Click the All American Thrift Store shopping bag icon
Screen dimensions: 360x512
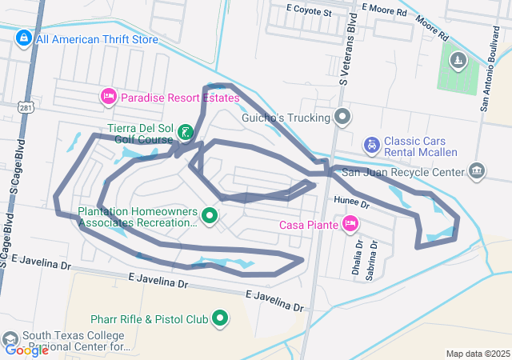(24, 38)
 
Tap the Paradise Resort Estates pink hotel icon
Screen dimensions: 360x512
(108, 97)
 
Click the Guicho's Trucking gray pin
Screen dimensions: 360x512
(342, 118)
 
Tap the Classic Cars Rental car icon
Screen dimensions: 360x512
(371, 145)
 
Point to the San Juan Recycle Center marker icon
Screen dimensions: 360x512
(477, 171)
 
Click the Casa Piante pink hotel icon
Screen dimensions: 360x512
(350, 224)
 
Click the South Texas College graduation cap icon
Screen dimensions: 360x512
(10, 340)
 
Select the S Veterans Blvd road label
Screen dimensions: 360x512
(350, 48)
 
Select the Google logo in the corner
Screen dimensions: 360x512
(26, 350)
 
